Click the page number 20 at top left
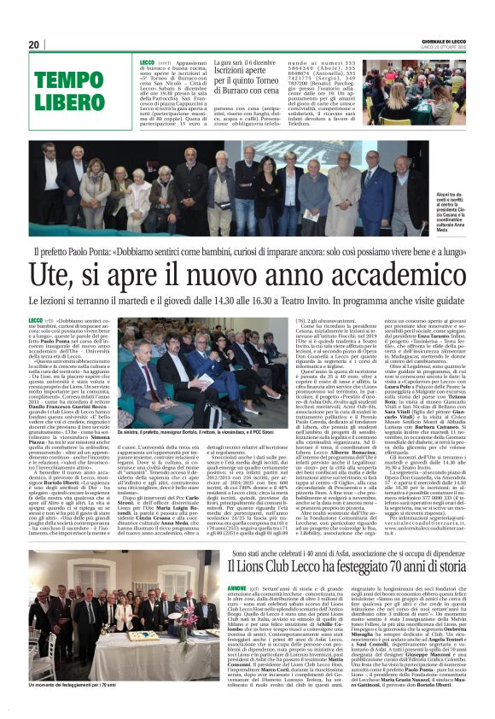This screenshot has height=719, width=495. coord(35,44)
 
